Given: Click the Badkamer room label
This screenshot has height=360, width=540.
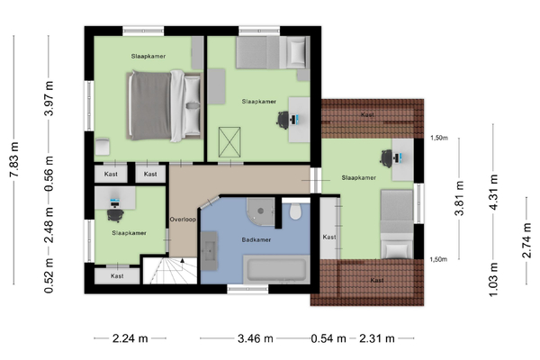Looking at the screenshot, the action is coord(256,239).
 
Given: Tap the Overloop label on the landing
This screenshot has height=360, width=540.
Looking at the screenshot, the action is coord(183,220).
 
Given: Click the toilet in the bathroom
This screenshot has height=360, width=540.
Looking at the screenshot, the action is coord(295,211).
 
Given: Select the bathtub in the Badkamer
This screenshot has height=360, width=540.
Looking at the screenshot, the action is coord(276,269).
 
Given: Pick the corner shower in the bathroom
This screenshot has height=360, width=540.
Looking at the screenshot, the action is coord(260,211).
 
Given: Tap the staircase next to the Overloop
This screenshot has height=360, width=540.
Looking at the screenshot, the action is coord(170,270).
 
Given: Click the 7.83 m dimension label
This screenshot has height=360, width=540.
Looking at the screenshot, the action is coord(14,159).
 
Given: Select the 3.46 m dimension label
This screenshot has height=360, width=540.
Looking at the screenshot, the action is coord(256,338).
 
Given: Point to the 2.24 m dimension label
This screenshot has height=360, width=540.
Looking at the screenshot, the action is coord(130,338).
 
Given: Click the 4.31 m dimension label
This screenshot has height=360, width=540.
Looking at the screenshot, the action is coord(493,193).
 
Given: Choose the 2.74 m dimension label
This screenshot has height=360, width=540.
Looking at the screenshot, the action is coord(526,240).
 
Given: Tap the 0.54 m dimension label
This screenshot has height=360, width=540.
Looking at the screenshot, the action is coord(328,338).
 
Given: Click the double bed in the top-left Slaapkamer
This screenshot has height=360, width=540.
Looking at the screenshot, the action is coord(164,105).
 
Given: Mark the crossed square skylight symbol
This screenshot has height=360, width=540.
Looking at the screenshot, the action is coord(229,142).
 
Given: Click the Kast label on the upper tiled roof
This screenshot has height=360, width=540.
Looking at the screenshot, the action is coord(367,114).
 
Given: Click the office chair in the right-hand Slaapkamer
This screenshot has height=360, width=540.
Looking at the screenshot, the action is coord(387,158).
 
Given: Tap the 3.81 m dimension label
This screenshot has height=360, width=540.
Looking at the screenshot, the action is coord(459,198).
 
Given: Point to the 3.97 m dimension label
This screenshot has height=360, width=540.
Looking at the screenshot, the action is coord(49,98).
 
